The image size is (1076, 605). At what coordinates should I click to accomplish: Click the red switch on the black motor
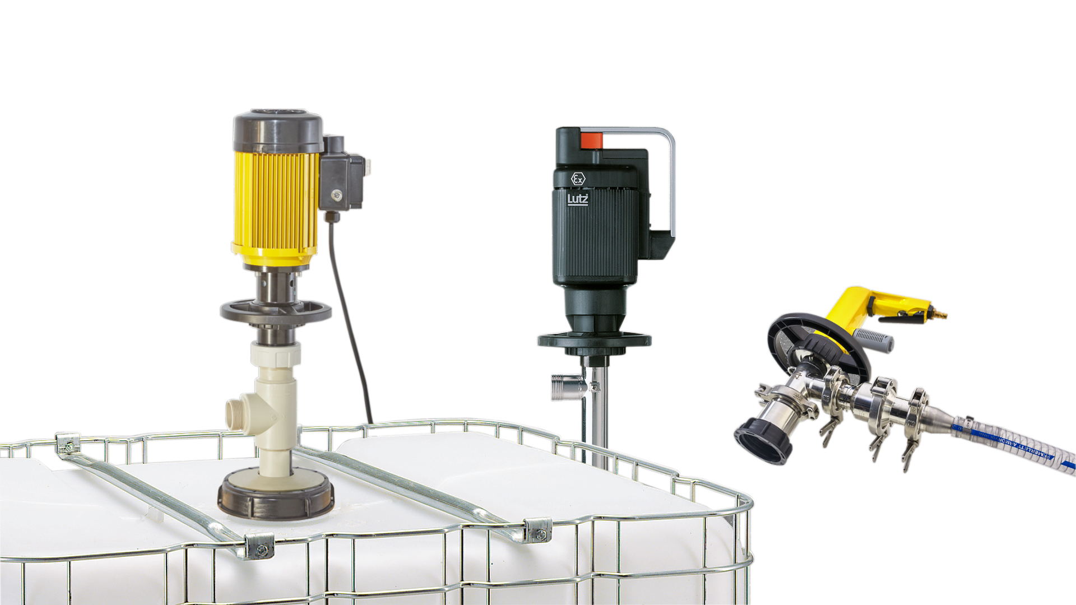pyautogui.click(x=591, y=140)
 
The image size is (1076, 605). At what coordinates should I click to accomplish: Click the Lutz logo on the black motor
pyautogui.click(x=578, y=199)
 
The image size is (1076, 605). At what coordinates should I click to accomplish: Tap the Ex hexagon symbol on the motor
pyautogui.click(x=578, y=179)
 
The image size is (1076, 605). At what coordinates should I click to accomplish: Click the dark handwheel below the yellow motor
pyautogui.click(x=276, y=313)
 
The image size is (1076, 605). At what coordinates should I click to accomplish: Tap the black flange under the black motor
pyautogui.click(x=594, y=340)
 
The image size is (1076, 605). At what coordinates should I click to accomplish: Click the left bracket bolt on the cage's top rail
pyautogui.click(x=69, y=446)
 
